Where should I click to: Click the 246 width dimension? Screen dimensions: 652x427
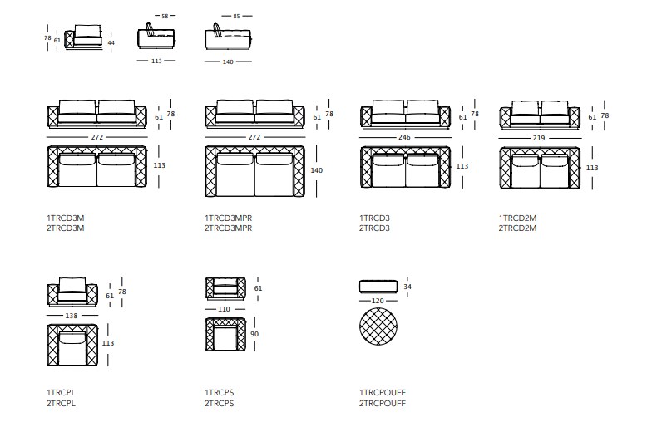(x=404, y=137)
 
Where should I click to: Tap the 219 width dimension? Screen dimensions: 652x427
(x=539, y=138)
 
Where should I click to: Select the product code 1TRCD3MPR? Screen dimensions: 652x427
(x=228, y=218)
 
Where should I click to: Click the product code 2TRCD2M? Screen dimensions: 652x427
(x=517, y=228)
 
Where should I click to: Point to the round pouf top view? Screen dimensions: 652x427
(x=378, y=326)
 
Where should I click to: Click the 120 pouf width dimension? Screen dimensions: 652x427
(x=378, y=301)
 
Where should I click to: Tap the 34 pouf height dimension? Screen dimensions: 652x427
(x=407, y=287)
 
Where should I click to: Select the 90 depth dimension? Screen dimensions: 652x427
(x=254, y=334)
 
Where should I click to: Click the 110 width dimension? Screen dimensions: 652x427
(x=224, y=309)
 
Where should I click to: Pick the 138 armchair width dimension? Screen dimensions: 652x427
(x=72, y=316)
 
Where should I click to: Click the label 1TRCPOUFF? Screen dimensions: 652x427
(x=383, y=392)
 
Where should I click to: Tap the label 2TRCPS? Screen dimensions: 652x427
(x=220, y=404)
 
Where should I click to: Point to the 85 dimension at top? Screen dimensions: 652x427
(x=236, y=17)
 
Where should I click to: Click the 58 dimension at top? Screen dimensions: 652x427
(x=165, y=17)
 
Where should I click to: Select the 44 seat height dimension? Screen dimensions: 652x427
(x=111, y=43)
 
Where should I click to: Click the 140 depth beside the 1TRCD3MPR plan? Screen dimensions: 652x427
(x=316, y=170)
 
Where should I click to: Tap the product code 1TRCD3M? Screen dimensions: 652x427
(x=65, y=218)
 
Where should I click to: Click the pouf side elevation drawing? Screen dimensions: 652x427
(x=378, y=287)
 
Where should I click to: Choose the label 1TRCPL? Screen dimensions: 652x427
(x=62, y=392)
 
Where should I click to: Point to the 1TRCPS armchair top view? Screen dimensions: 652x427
(x=225, y=334)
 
